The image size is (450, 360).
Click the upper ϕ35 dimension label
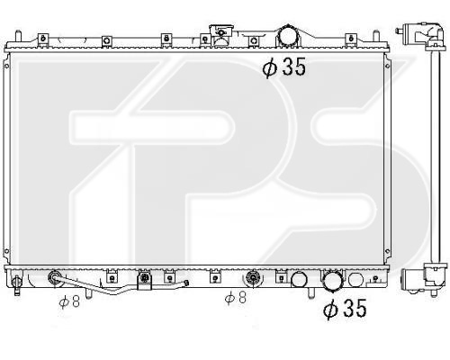point(284,67)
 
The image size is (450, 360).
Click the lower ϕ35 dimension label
point(345,309)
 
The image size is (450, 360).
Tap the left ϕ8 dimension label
point(69,301)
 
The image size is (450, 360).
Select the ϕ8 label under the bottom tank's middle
point(236,297)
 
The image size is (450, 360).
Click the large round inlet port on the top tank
point(288,37)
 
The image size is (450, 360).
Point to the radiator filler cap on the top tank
point(221,33)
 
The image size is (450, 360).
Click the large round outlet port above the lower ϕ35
point(332,280)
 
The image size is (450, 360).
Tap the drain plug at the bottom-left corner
point(17,283)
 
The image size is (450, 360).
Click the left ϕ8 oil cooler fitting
point(54,276)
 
